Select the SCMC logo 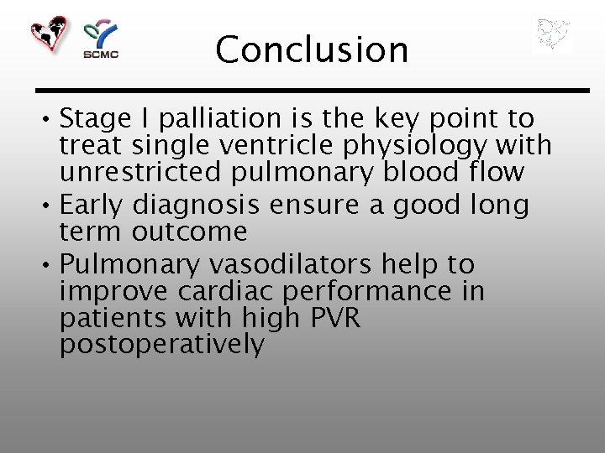point(100,39)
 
